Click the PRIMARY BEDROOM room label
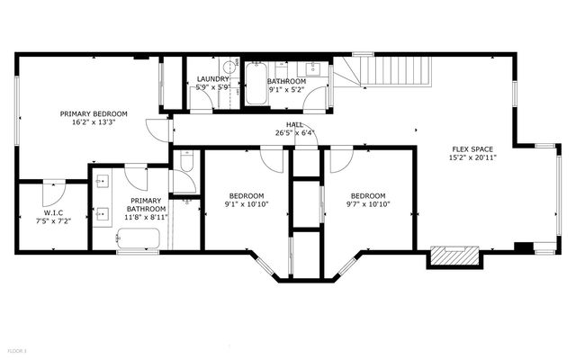(94, 113)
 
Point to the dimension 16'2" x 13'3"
(94, 122)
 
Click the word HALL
(294, 124)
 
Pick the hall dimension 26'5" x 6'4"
(294, 133)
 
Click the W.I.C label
(52, 212)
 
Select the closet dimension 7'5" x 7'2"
(52, 221)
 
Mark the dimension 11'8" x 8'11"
(145, 216)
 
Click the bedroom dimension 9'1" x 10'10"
(246, 204)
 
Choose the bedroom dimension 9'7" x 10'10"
(367, 204)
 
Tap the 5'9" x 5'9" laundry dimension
(212, 89)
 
